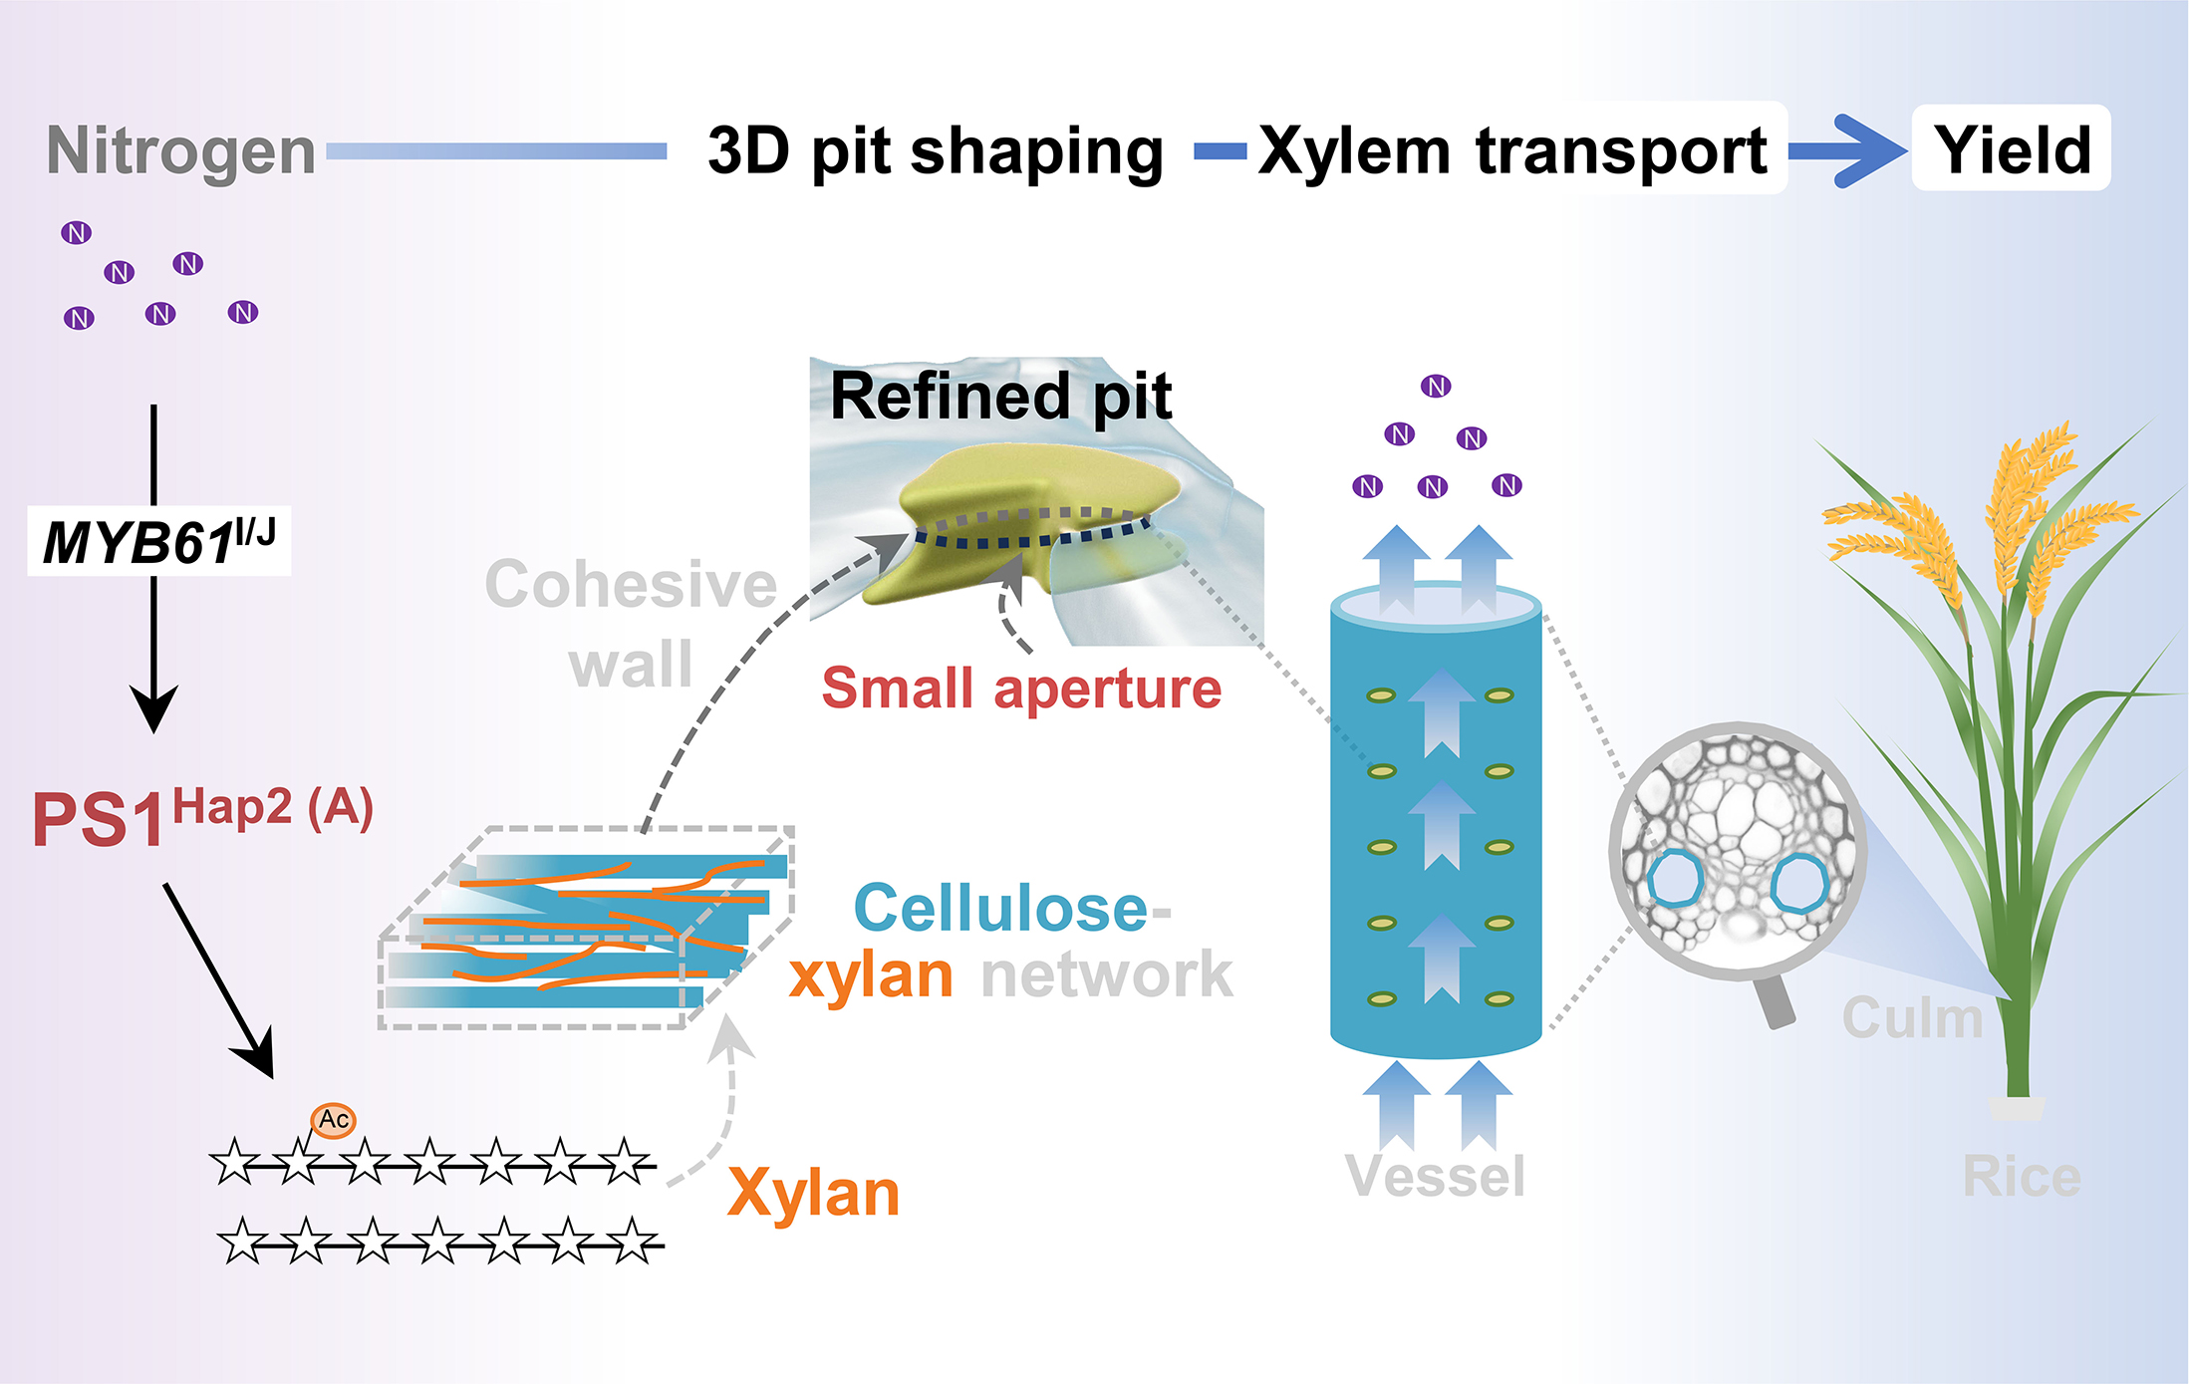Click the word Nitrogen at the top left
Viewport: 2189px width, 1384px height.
pos(181,152)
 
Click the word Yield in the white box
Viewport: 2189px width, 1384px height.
pos(2012,149)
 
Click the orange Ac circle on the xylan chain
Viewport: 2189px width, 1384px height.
pos(333,1120)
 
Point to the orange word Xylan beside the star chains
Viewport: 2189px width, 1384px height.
pos(813,1193)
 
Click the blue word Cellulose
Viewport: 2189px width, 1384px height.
pos(1001,908)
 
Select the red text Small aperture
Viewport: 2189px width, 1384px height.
pos(1021,689)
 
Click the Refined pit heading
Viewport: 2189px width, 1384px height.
pos(1000,397)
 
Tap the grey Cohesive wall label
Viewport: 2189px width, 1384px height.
pos(631,624)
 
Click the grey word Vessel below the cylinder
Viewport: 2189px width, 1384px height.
pos(1435,1177)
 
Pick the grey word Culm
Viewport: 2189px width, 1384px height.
pos(1912,1018)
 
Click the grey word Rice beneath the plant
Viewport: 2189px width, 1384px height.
pos(2021,1177)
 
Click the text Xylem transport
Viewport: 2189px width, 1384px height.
pos(1512,151)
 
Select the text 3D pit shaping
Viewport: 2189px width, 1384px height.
pos(936,151)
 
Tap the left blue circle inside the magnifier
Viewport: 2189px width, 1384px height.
pos(1674,878)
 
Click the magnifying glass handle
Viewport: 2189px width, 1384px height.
pos(1775,1002)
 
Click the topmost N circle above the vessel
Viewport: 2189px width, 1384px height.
pos(1436,387)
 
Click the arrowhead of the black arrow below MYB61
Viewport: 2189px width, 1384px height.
pos(154,708)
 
